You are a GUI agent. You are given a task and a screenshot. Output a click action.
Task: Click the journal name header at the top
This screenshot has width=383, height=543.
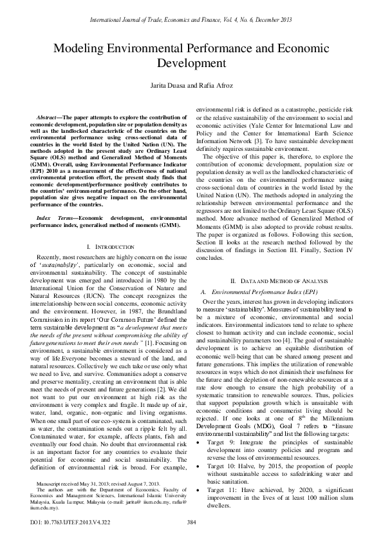[191, 8]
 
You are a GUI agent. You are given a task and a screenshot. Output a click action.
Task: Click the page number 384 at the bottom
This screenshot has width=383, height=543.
[191, 522]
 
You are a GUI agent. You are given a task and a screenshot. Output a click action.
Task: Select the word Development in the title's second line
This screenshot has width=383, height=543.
[191, 64]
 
